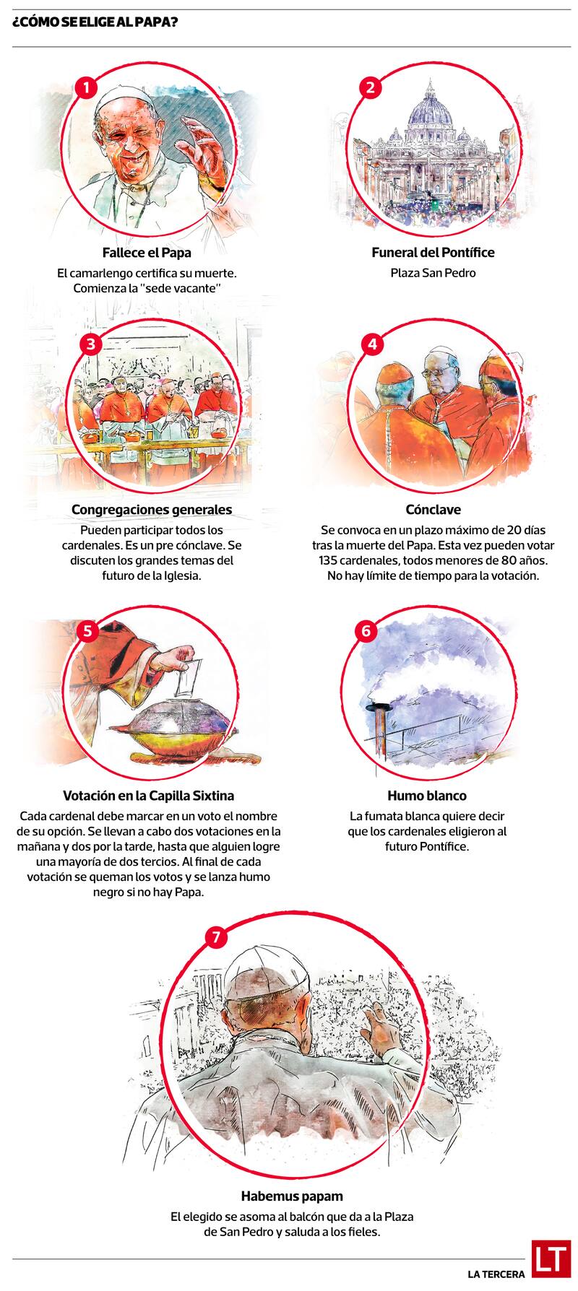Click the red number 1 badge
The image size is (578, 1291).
coord(86,88)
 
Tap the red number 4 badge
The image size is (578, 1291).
coord(372,344)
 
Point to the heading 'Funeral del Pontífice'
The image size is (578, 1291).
coord(433,253)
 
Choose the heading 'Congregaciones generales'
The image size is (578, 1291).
coord(152,510)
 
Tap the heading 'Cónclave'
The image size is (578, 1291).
coord(433,510)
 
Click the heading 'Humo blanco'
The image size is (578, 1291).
coord(427,796)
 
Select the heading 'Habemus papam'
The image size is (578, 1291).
coord(292,1196)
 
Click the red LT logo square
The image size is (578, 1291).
coord(551,1260)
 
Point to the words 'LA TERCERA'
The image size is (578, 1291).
coord(496,1274)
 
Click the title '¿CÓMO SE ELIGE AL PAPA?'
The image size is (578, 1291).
coord(95,23)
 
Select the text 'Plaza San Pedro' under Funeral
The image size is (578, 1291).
coord(433,273)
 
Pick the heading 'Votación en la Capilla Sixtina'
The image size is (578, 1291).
coord(149,796)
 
